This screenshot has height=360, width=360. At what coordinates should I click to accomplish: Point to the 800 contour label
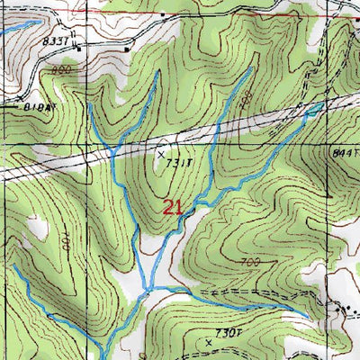click(x=61, y=69)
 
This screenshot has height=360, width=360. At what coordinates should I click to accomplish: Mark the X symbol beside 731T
click(x=162, y=154)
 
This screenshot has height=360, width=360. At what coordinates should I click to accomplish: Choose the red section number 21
click(x=174, y=208)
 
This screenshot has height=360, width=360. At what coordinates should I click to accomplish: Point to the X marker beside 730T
click(x=209, y=342)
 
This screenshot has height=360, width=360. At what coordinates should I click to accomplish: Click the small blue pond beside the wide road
click(x=316, y=107)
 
